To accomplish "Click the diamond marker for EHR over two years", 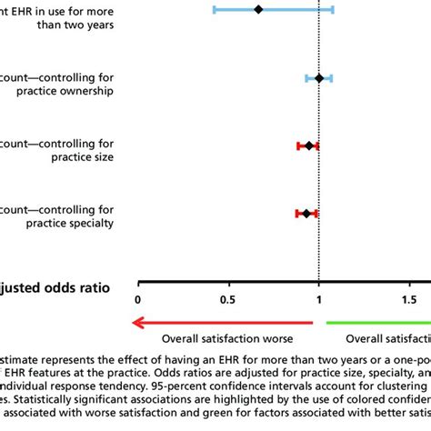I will (258, 9).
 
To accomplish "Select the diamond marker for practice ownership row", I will (318, 78).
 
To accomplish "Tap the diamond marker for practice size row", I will (309, 145).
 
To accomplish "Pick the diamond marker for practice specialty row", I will (306, 213).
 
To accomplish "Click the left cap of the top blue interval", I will (214, 9).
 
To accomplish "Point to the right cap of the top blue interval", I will (333, 9).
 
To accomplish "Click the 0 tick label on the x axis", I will (138, 299).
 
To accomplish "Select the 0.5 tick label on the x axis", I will (227, 299).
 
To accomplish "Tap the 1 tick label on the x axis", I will (318, 299).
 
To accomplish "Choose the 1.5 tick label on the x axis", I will (408, 299).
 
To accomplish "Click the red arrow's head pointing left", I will (136, 322).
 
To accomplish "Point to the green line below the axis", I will (377, 322).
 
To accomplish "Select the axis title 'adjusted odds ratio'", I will (55, 287).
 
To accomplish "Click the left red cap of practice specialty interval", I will (297, 213).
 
